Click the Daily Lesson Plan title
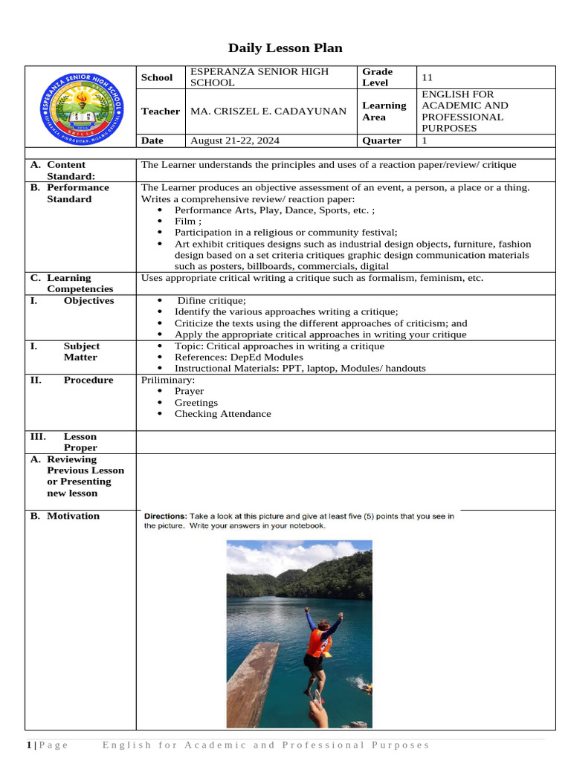[285, 48]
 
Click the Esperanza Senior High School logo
[81, 106]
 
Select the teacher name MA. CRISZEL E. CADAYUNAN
[268, 111]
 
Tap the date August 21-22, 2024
[235, 140]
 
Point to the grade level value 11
[427, 77]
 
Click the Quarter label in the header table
[381, 140]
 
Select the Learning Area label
[384, 111]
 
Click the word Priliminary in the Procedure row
[168, 380]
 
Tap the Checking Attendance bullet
[222, 414]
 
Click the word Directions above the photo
[164, 516]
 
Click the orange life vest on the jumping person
[318, 643]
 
